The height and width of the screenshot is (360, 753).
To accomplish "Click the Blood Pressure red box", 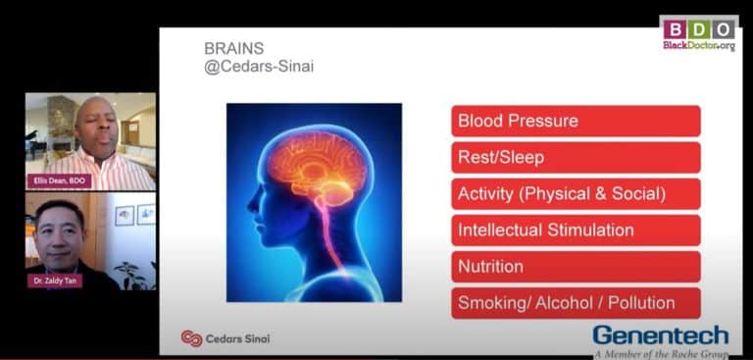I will tap(576, 122).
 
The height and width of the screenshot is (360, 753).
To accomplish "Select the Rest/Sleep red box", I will tap(576, 158).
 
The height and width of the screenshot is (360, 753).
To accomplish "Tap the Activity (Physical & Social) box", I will tap(576, 194).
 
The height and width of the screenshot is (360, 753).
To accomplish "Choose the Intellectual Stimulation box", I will tap(576, 231).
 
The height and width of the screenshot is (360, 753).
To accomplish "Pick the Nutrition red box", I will tap(576, 267).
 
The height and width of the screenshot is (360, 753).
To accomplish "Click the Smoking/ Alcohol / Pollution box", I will tap(576, 303).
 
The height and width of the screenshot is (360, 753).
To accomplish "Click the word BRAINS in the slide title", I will tap(233, 48).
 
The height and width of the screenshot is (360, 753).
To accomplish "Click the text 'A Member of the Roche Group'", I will tap(662, 352).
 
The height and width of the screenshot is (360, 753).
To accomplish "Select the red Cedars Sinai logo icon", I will tap(191, 338).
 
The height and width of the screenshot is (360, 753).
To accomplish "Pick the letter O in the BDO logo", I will tap(725, 28).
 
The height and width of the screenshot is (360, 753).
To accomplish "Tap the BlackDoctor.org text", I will tap(698, 45).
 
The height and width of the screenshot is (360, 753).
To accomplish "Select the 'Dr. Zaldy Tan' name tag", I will tap(55, 281).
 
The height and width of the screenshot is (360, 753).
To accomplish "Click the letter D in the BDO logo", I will tap(699, 28).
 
